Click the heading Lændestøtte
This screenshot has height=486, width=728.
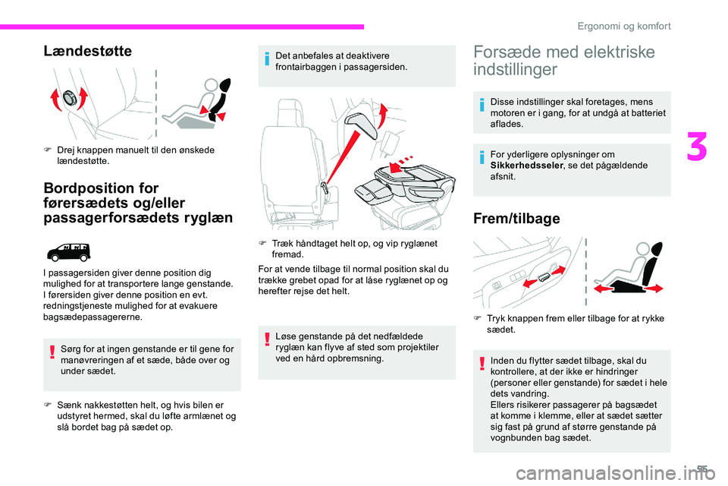click(88, 51)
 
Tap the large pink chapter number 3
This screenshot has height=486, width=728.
click(697, 147)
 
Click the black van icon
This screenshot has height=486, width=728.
click(69, 253)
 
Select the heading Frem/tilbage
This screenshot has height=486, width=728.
click(516, 219)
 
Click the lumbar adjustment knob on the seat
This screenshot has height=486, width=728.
click(70, 98)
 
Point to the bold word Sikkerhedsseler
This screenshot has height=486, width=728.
click(526, 166)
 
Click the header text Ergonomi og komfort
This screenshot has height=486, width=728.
click(624, 26)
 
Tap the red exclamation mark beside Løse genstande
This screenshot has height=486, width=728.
click(267, 339)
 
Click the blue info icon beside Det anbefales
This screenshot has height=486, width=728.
click(267, 59)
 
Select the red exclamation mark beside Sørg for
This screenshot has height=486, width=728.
click(52, 352)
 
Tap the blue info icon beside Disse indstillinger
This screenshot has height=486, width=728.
click(482, 105)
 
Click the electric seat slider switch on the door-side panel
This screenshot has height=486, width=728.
click(544, 278)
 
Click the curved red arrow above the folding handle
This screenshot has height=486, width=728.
click(382, 115)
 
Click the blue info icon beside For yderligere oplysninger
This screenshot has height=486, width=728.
click(482, 157)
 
